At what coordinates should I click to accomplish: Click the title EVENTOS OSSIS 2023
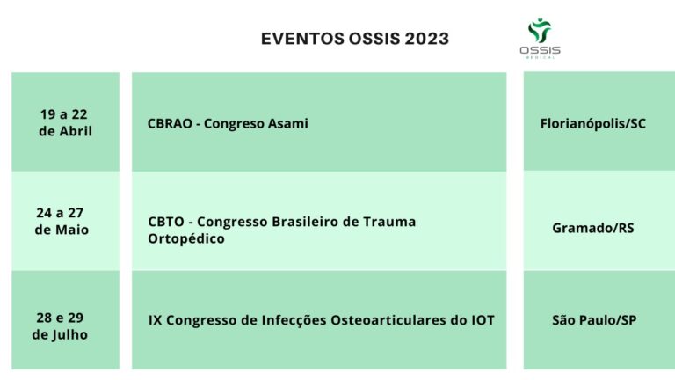point(355,39)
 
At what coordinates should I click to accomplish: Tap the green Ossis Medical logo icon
point(540,30)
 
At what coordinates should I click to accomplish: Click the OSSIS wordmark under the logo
point(540,50)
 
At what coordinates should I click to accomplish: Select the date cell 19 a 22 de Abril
point(65,122)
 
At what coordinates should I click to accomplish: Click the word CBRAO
point(170,123)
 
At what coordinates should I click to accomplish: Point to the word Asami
point(288,123)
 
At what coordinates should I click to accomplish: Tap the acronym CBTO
point(166,222)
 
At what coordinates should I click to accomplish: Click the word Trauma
point(389,222)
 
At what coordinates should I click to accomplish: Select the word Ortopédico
point(186,238)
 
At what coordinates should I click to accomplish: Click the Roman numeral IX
point(155,320)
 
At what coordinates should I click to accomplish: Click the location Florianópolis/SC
point(592,124)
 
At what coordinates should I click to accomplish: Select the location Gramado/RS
point(592,228)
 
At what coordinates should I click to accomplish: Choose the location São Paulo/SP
point(594,320)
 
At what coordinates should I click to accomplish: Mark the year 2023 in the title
point(426,39)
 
